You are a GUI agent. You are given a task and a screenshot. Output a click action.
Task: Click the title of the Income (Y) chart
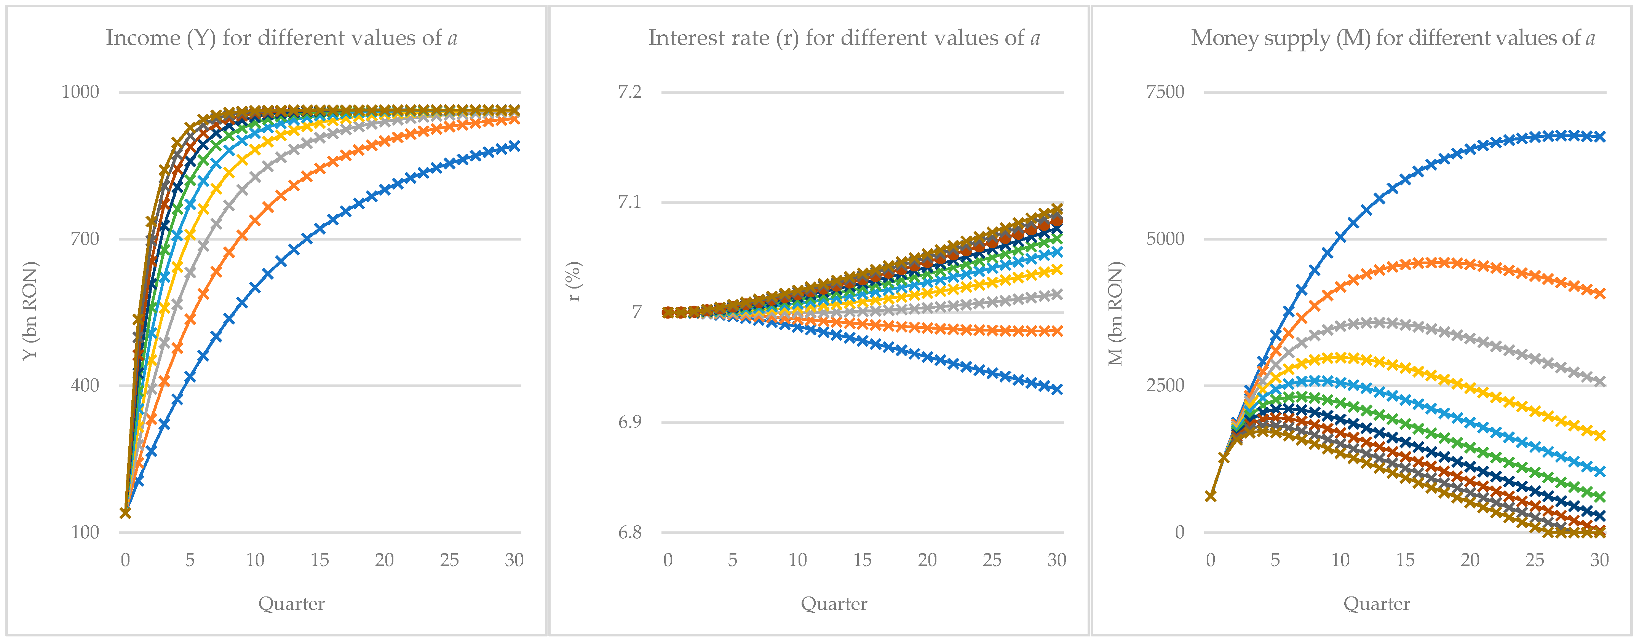[281, 38]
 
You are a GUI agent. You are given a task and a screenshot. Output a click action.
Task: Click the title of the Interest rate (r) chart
[843, 38]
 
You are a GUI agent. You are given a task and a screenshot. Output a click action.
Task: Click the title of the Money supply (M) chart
[1393, 38]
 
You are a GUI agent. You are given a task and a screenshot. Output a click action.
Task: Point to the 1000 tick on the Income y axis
[80, 92]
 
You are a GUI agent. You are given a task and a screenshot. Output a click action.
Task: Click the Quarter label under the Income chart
[291, 603]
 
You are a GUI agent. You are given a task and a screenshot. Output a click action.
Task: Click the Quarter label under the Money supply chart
[1376, 603]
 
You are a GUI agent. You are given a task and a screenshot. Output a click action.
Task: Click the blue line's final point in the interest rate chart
[1057, 389]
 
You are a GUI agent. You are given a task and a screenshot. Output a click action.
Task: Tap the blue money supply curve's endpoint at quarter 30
[1599, 137]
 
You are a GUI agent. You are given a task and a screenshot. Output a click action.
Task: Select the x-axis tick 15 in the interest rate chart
[862, 560]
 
